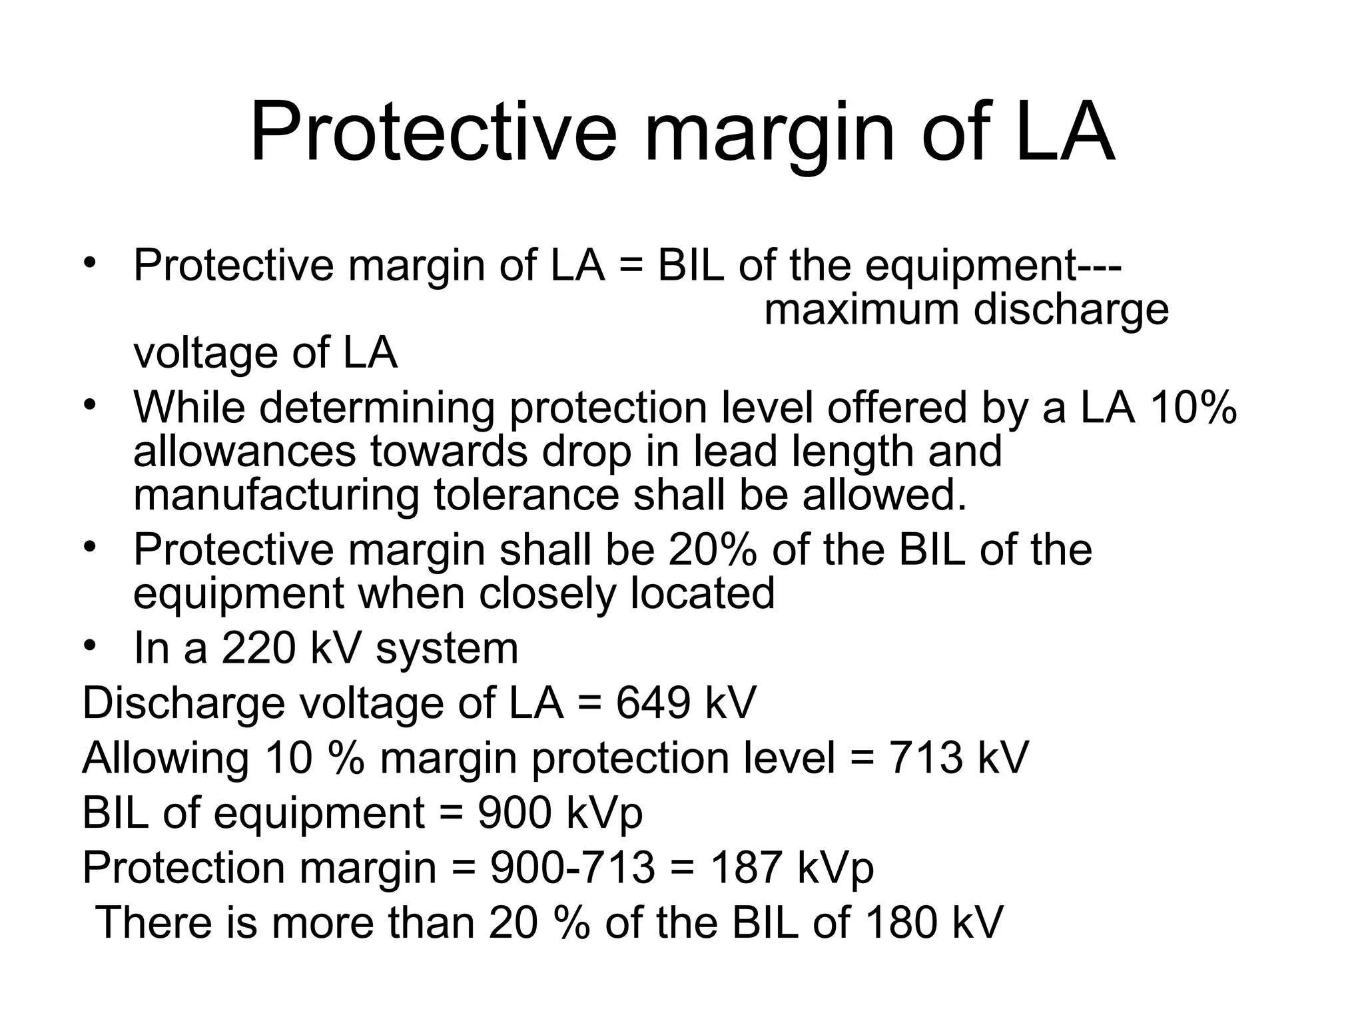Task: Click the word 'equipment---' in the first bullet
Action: click(x=993, y=266)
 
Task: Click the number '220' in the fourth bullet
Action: click(x=258, y=648)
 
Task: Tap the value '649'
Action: click(x=653, y=703)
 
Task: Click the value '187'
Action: click(x=746, y=868)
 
